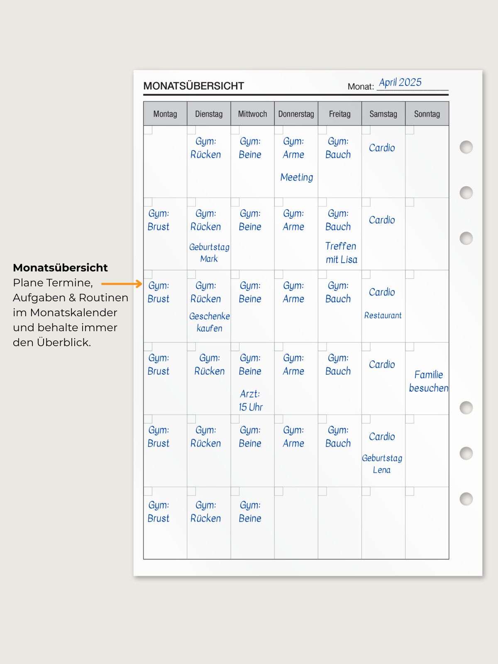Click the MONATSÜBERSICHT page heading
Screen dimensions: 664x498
click(x=193, y=86)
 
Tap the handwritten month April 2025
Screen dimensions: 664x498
click(x=400, y=82)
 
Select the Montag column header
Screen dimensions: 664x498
click(x=165, y=114)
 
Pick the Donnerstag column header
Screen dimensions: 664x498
click(x=296, y=114)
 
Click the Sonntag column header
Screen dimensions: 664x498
click(x=427, y=114)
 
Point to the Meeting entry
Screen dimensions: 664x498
click(x=296, y=177)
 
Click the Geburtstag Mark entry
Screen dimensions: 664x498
click(x=209, y=253)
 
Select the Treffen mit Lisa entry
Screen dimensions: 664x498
click(x=341, y=253)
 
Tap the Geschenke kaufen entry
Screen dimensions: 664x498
click(x=209, y=322)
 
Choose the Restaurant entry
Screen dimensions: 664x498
click(x=383, y=315)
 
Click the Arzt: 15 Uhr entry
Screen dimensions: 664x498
click(x=250, y=400)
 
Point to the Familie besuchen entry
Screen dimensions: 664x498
click(x=428, y=381)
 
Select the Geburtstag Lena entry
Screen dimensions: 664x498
click(x=382, y=464)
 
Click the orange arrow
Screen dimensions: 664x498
click(x=122, y=284)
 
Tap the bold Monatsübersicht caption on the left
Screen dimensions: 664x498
click(x=60, y=268)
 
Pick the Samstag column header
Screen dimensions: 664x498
click(x=383, y=114)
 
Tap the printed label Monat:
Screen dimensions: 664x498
click(x=360, y=86)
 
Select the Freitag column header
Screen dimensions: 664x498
click(x=339, y=114)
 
